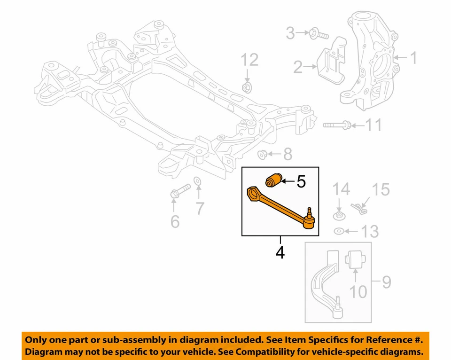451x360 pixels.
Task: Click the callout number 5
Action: tap(301, 181)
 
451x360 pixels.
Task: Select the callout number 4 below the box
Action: tap(280, 253)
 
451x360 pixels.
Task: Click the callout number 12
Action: tap(249, 60)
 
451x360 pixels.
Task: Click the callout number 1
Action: tap(413, 58)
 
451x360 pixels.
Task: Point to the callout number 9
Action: tap(386, 282)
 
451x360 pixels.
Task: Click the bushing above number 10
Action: tap(357, 260)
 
